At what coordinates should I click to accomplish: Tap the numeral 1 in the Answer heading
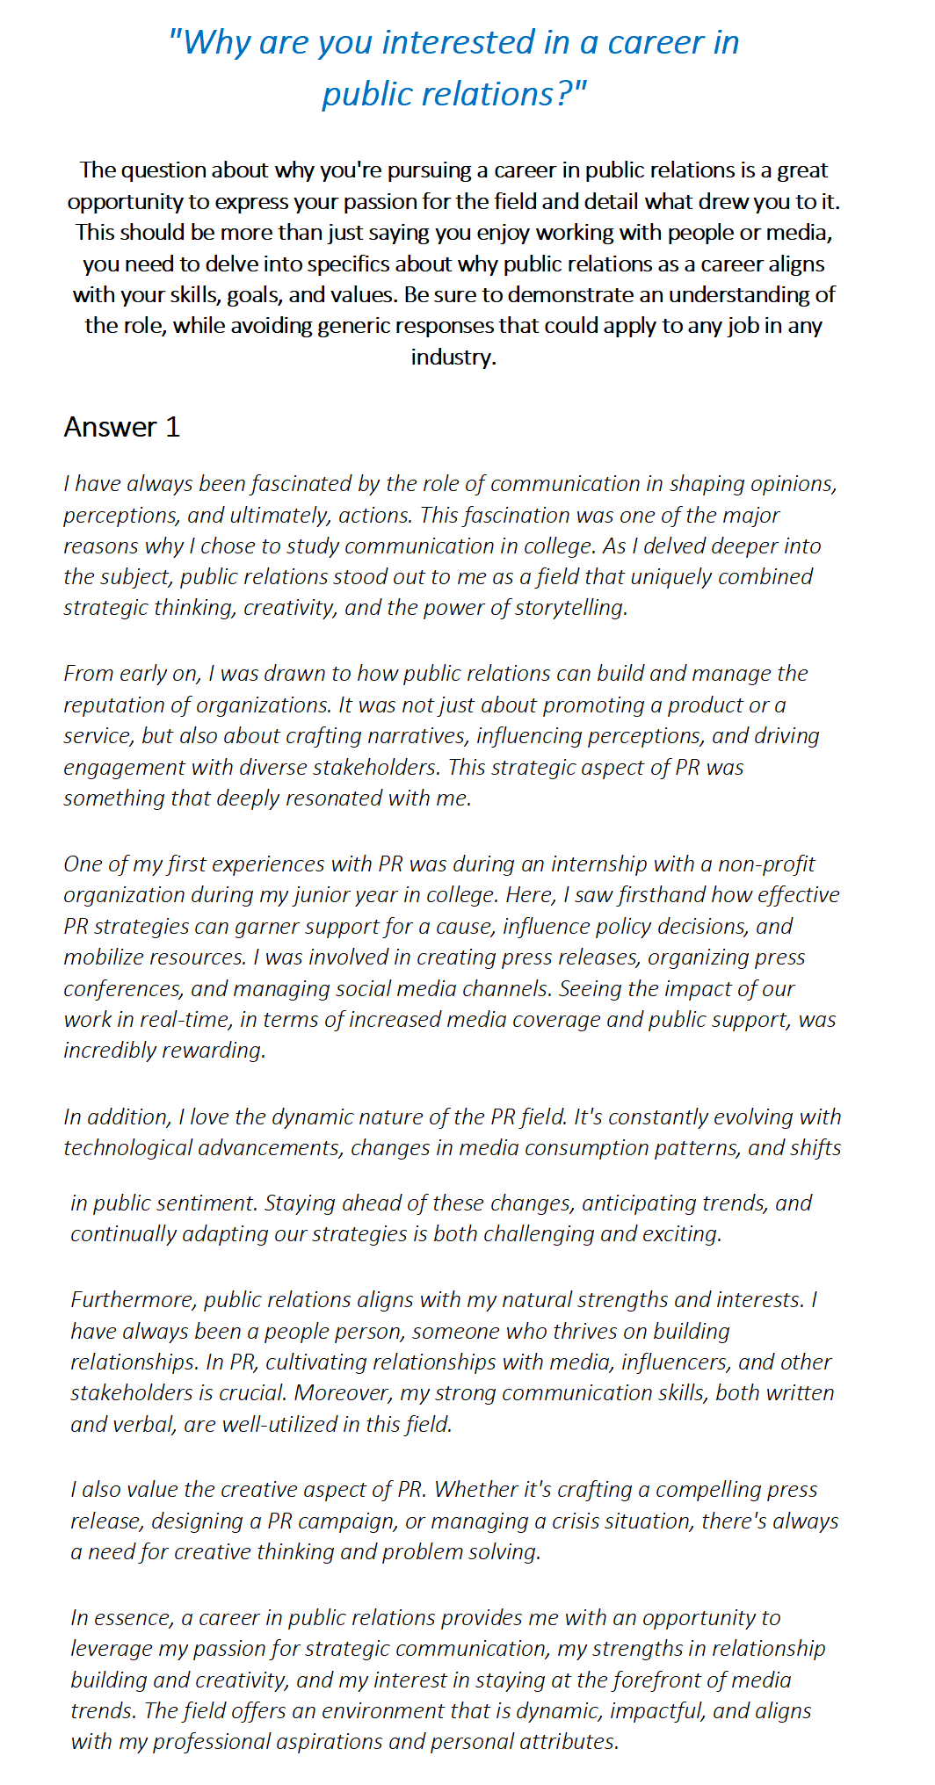tap(172, 427)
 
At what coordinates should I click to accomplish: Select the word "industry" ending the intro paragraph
tap(452, 357)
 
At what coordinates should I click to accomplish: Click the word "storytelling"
tap(571, 608)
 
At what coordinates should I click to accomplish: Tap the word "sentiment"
tap(209, 1203)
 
